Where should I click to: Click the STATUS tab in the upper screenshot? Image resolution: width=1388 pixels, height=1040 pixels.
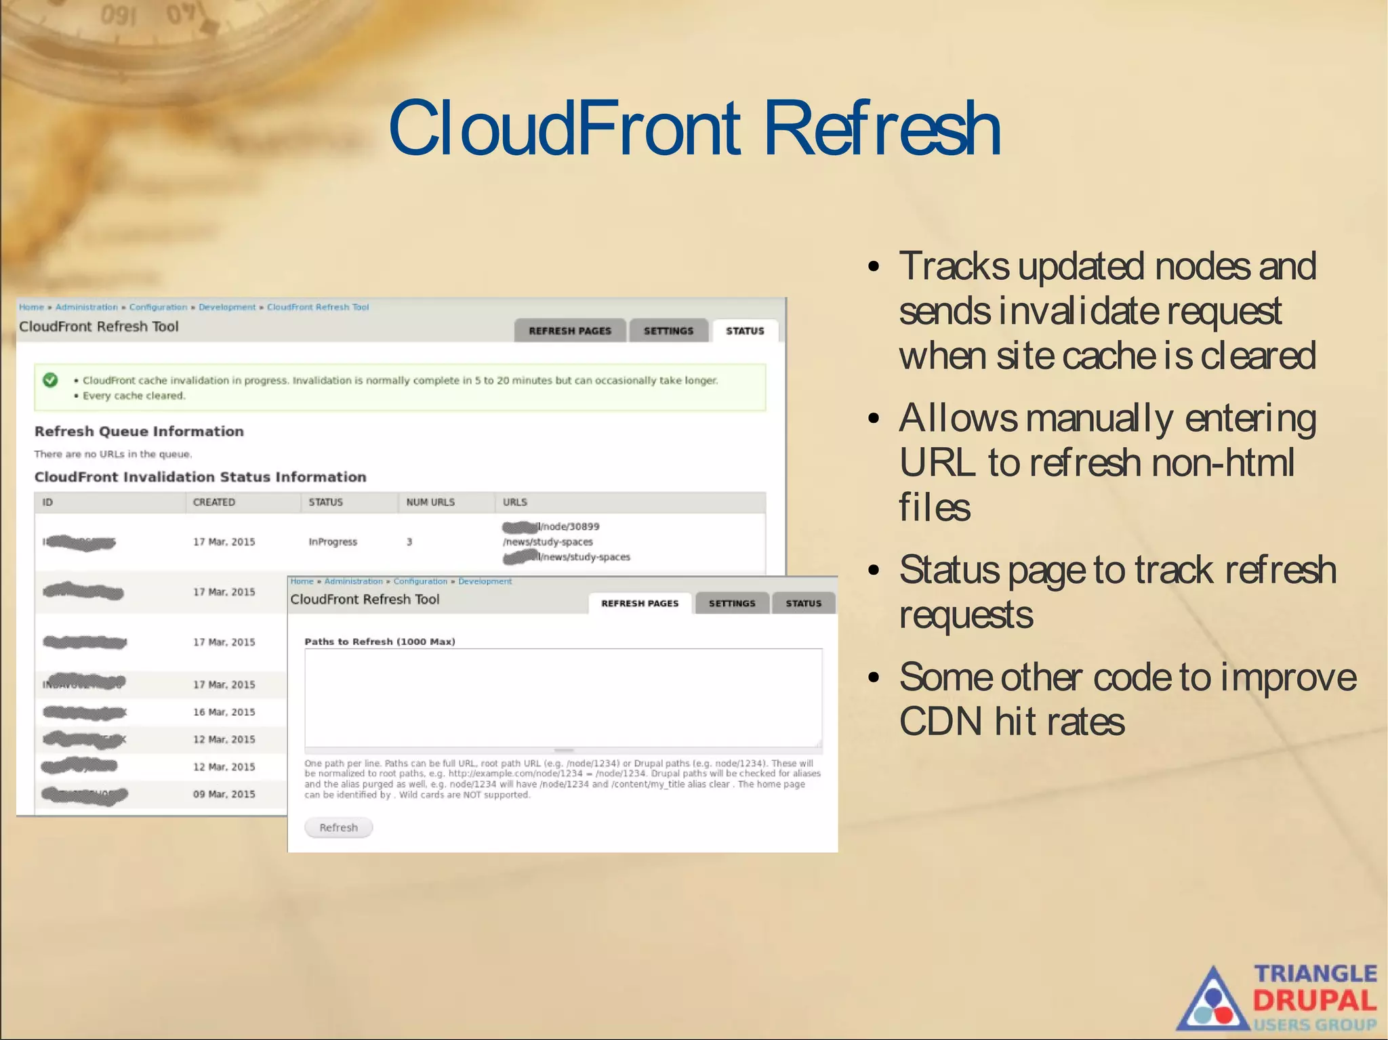[744, 331]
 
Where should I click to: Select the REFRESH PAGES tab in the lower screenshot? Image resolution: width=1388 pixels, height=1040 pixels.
[639, 603]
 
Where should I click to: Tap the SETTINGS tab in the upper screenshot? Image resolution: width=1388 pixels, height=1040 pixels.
[668, 331]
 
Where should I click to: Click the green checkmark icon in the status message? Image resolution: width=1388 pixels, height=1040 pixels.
[50, 380]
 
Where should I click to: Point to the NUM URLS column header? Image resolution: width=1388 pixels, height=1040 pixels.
[430, 502]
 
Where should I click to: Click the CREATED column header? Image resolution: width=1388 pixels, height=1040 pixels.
[213, 502]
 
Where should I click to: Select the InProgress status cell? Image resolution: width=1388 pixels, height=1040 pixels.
[332, 542]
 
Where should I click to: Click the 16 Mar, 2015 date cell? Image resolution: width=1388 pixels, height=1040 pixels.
[224, 712]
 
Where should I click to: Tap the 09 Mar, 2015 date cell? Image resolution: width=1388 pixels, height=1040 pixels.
[224, 794]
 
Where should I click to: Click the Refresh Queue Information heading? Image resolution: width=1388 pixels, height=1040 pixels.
[139, 432]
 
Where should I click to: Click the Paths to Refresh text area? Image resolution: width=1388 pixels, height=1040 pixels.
[563, 698]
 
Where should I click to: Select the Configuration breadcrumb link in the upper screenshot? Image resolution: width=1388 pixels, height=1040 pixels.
[158, 307]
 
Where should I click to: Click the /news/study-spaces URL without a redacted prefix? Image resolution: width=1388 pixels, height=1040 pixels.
[548, 542]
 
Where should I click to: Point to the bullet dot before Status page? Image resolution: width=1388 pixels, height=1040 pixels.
[874, 570]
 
